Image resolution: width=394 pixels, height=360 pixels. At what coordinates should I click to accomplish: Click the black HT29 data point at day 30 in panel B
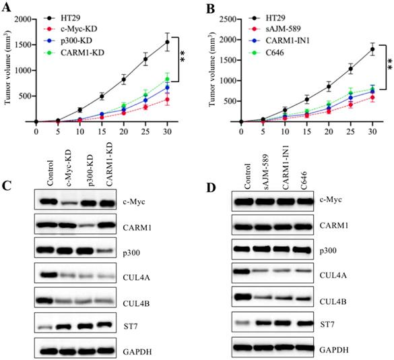click(371, 49)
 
